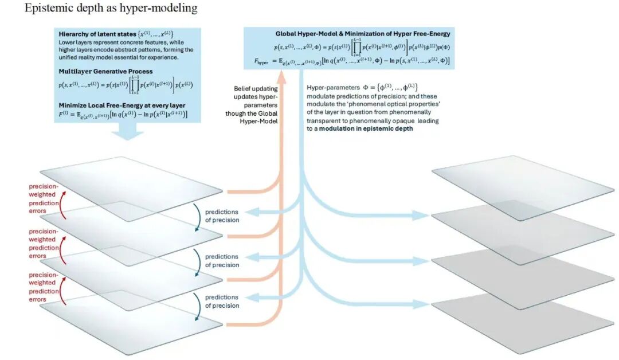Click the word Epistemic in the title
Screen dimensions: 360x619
pyautogui.click(x=45, y=9)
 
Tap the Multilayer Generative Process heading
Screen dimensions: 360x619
pyautogui.click(x=103, y=71)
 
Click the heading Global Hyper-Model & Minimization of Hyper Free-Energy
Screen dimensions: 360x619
pyautogui.click(x=363, y=34)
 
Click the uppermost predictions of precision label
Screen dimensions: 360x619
pyautogui.click(x=222, y=216)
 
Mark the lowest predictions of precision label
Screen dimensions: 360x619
pyautogui.click(x=222, y=302)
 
